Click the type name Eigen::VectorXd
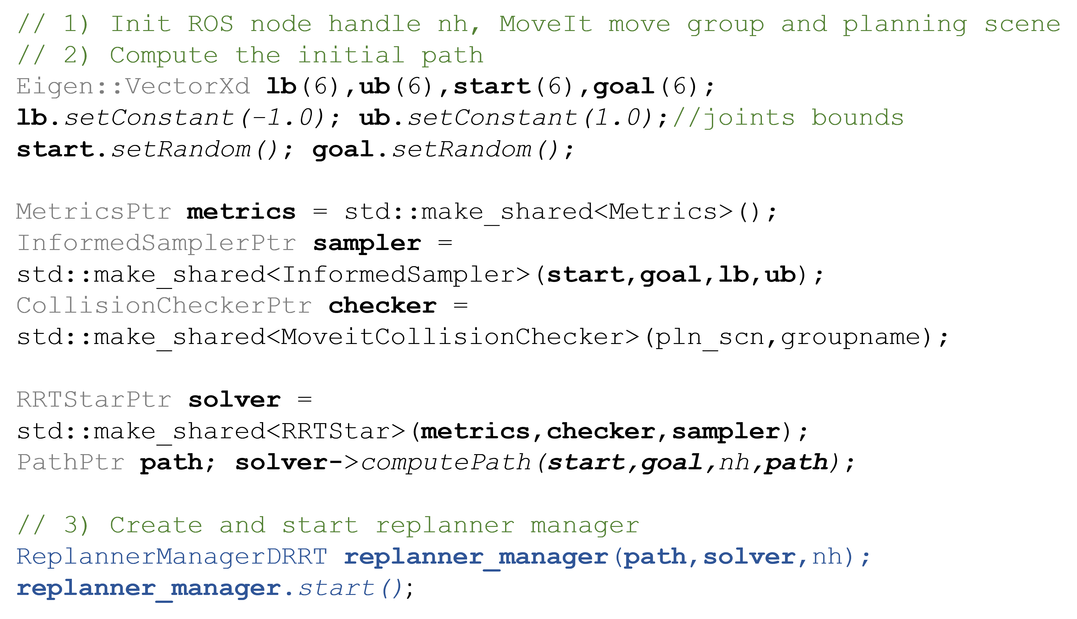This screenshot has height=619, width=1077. [133, 87]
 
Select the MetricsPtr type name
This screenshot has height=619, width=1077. [94, 212]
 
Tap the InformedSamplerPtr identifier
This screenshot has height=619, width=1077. [156, 243]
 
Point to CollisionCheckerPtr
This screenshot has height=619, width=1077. [164, 306]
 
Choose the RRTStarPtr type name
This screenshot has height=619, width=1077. [94, 400]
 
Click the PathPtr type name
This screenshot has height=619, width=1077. [71, 463]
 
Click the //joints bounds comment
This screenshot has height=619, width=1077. [788, 118]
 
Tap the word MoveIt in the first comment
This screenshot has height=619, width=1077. [545, 24]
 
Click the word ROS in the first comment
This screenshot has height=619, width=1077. [211, 24]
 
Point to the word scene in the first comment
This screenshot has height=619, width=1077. [1023, 24]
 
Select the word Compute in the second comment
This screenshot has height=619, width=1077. [164, 56]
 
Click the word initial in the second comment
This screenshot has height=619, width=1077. [351, 56]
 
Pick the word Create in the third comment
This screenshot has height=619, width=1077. [156, 525]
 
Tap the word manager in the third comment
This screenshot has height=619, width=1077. [585, 525]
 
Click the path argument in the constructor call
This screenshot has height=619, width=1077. [655, 557]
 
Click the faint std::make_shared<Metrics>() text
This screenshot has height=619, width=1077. [552, 212]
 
